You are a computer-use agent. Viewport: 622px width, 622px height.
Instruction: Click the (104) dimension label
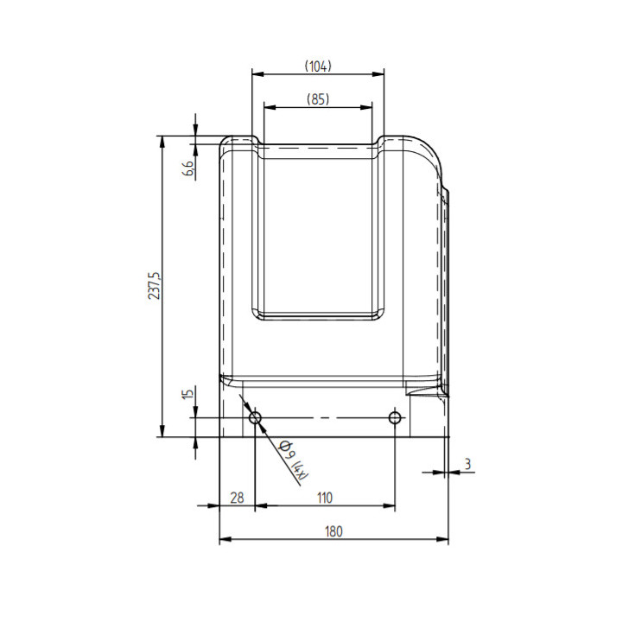pyautogui.click(x=318, y=67)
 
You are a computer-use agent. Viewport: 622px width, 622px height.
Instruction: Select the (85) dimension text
pyautogui.click(x=318, y=99)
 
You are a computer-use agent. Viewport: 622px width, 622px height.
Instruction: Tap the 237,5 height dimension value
pyautogui.click(x=155, y=286)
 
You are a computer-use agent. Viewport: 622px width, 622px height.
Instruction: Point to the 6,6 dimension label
pyautogui.click(x=189, y=168)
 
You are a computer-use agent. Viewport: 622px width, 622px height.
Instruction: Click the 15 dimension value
pyautogui.click(x=187, y=394)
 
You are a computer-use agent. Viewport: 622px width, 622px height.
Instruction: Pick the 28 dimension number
pyautogui.click(x=237, y=498)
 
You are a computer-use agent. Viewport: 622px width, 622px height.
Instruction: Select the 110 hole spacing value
pyautogui.click(x=325, y=498)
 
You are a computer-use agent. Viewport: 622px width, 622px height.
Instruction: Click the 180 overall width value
pyautogui.click(x=333, y=531)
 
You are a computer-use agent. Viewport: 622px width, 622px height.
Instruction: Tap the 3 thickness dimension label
pyautogui.click(x=467, y=464)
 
